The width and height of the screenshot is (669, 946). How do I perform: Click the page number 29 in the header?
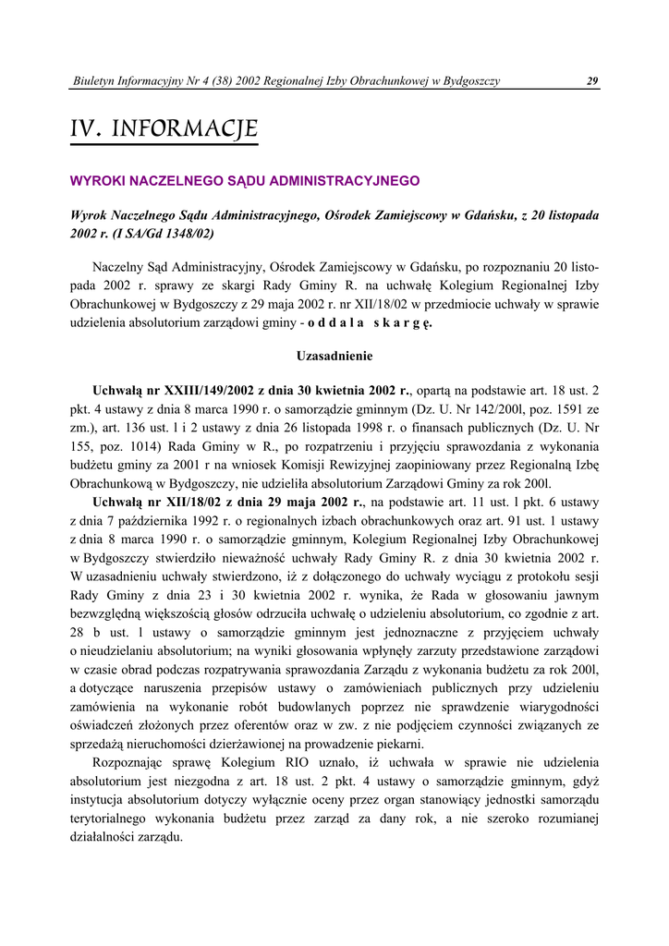pos(592,81)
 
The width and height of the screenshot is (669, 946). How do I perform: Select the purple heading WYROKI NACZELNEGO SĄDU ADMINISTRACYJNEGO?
pos(245,181)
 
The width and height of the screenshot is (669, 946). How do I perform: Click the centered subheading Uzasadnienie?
pos(334,356)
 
